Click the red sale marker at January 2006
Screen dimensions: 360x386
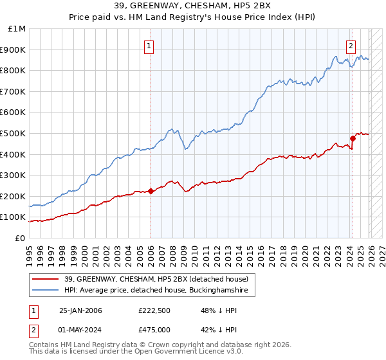[151, 191]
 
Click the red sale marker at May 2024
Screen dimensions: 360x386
[353, 138]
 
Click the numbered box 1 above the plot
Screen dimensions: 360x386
[149, 46]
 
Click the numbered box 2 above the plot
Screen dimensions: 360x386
[351, 46]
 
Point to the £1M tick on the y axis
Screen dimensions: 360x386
[17, 29]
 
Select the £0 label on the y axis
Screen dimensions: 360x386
[19, 238]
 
